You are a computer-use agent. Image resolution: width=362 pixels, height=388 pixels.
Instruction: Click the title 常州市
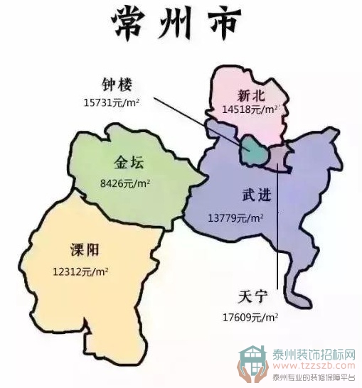pyautogui.click(x=176, y=26)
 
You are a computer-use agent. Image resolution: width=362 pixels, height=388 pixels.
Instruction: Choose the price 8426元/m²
pyautogui.click(x=125, y=183)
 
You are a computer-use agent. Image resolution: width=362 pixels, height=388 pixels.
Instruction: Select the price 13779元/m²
pyautogui.click(x=235, y=217)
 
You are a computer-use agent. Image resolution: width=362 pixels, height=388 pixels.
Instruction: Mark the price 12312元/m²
pyautogui.click(x=80, y=271)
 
